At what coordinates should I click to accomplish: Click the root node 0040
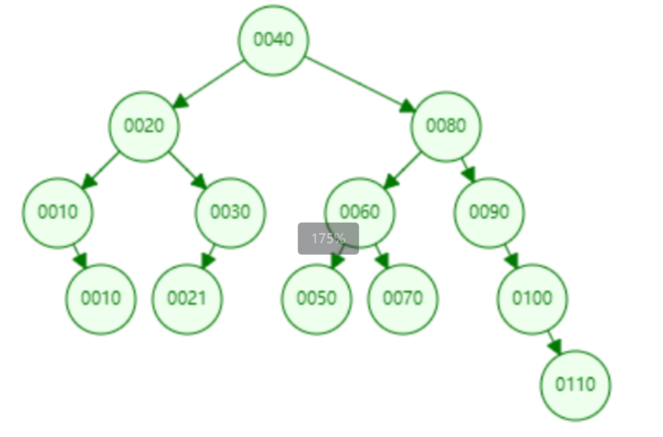tap(274, 40)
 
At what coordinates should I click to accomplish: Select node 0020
tap(144, 126)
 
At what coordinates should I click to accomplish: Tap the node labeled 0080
tap(446, 126)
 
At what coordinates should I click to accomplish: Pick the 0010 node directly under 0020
tap(58, 212)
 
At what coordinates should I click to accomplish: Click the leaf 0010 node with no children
tap(101, 298)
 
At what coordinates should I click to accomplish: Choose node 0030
tap(230, 212)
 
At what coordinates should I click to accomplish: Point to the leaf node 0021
tap(187, 298)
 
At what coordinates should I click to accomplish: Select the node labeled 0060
tap(360, 212)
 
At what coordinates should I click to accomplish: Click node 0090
tap(489, 212)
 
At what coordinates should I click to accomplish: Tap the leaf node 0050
tap(317, 298)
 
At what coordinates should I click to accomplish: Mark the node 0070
tap(403, 298)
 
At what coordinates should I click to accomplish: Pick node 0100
tap(533, 298)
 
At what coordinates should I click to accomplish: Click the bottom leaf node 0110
tap(576, 385)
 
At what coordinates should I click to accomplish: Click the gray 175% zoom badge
tap(328, 238)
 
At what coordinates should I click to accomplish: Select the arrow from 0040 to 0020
tap(209, 83)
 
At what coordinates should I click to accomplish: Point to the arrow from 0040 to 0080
tap(359, 83)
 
